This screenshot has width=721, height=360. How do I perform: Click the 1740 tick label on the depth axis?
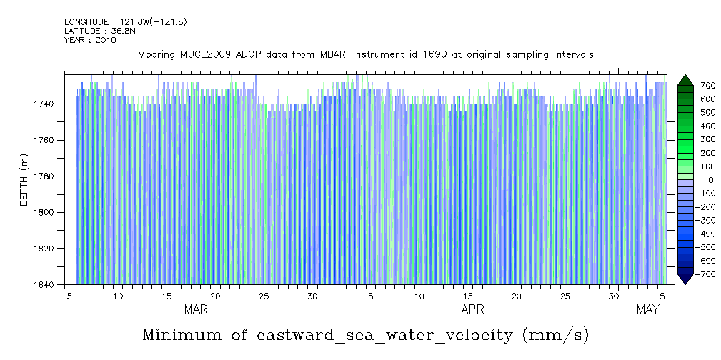pos(45,104)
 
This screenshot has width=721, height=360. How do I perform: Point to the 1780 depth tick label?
pos(45,176)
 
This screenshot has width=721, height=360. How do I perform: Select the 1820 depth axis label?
pos(45,249)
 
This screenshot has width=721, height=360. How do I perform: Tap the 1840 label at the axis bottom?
pos(45,284)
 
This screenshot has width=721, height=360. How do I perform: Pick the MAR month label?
pos(196,310)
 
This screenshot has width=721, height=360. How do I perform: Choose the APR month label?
pos(473,310)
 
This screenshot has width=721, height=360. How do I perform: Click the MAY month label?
pos(647,310)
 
